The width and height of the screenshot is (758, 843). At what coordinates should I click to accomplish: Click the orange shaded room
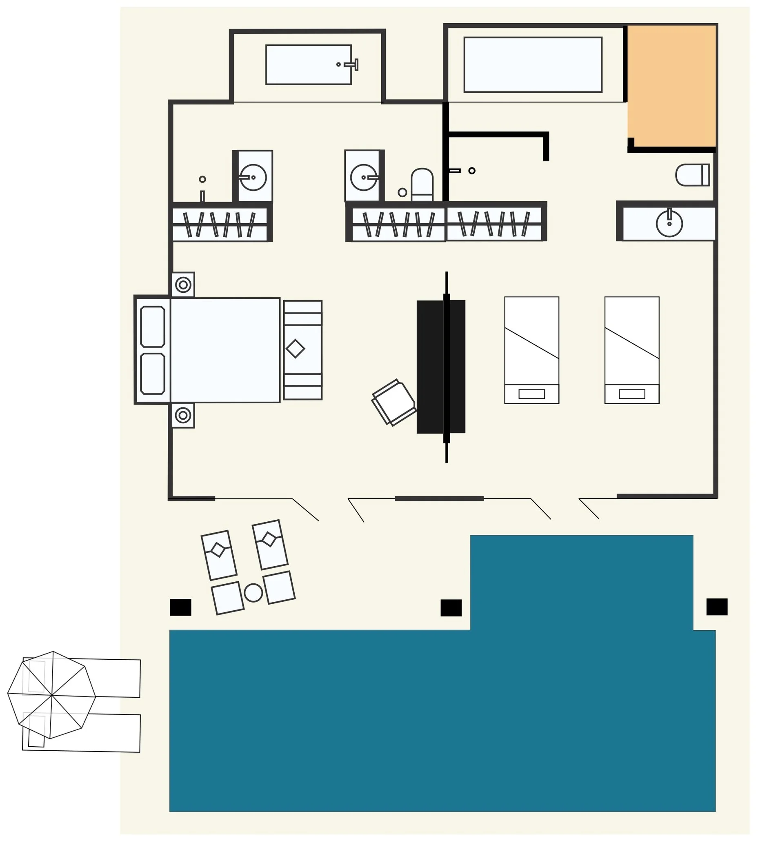tap(671, 85)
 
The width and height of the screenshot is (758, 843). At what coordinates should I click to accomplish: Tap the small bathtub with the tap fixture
tap(308, 65)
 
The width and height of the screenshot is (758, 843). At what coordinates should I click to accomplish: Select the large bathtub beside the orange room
tap(533, 65)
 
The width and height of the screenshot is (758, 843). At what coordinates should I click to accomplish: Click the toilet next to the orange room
tap(692, 175)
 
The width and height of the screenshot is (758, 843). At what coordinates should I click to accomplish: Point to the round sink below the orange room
tap(669, 224)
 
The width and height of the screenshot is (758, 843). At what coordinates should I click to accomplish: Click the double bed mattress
tap(225, 350)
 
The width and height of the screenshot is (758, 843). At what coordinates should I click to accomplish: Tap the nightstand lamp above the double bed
tap(183, 285)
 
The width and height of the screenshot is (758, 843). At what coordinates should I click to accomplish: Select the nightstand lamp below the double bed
tap(183, 415)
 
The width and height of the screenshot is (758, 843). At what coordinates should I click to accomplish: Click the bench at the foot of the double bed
tap(303, 350)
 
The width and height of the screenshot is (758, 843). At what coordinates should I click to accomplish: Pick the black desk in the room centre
tap(441, 367)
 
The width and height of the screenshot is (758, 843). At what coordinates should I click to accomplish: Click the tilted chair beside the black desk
tap(393, 402)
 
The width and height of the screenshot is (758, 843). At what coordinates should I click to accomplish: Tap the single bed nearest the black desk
tap(531, 350)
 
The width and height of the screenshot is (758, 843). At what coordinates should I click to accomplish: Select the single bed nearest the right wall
tap(632, 350)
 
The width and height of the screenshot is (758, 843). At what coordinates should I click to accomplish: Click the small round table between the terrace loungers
tap(253, 592)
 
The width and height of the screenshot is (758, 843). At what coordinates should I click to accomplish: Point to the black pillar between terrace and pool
tap(451, 608)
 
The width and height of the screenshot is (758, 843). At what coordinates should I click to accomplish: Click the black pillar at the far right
tap(717, 607)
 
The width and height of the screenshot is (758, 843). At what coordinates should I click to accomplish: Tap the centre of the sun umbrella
tap(52, 695)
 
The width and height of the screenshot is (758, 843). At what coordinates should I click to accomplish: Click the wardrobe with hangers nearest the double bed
tap(220, 225)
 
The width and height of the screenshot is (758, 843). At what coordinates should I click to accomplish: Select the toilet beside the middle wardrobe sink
tap(422, 185)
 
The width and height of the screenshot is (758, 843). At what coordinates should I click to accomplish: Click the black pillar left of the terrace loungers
tap(181, 607)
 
